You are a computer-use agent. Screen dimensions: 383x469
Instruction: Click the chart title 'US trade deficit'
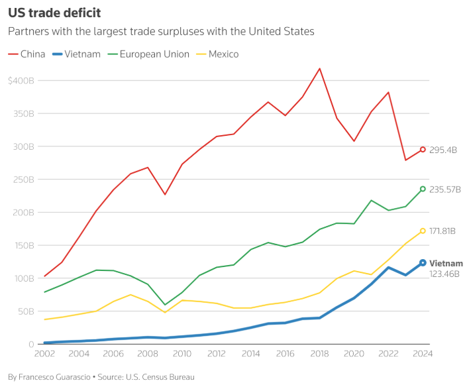(54, 13)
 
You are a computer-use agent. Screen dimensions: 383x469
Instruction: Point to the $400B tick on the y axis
(21, 81)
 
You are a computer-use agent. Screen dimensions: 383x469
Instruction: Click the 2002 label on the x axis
(44, 354)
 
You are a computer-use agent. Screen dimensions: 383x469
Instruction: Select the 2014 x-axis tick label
(250, 354)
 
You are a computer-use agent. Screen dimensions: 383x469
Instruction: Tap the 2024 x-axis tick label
(423, 354)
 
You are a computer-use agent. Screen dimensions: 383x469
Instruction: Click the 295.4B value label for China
(444, 150)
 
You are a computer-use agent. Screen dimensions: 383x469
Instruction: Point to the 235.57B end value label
(445, 190)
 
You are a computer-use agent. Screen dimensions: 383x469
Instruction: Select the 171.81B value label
(443, 231)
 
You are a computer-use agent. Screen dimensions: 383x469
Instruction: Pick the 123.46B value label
(444, 274)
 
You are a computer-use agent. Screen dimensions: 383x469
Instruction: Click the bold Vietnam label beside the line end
(446, 263)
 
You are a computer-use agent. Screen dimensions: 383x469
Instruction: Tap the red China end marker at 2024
(423, 149)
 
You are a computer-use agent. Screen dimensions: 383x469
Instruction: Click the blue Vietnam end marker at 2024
(423, 263)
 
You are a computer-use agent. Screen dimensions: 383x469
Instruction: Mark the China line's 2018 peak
(320, 68)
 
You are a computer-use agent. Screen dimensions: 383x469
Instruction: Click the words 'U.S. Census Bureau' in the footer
(162, 376)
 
